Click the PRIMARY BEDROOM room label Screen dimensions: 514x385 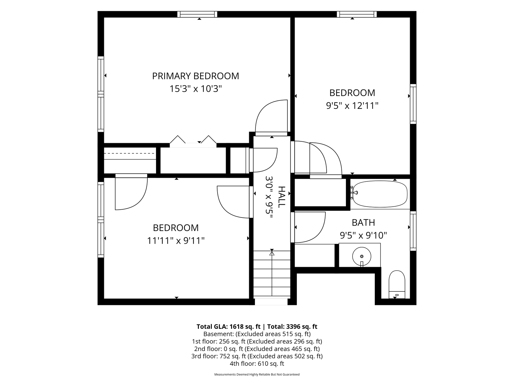point(196,76)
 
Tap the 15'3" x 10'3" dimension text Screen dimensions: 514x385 point(196,89)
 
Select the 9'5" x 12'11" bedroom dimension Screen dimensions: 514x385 point(352,106)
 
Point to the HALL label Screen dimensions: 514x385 point(281,197)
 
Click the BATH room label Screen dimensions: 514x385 point(363,223)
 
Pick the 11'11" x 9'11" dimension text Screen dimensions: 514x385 point(176,241)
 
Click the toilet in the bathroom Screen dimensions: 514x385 point(397,285)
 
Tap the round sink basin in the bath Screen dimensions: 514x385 point(362,256)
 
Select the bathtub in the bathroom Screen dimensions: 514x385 point(380,194)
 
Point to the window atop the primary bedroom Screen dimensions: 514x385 point(197,14)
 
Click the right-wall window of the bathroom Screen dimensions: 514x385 point(413,231)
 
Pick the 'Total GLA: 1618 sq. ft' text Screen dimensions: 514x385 point(228,326)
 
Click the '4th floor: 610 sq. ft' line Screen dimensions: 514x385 point(257,364)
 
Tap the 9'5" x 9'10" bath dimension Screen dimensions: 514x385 point(363,235)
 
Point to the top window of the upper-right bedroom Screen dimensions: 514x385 point(357,14)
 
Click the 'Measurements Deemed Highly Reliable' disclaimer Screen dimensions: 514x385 point(257,374)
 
